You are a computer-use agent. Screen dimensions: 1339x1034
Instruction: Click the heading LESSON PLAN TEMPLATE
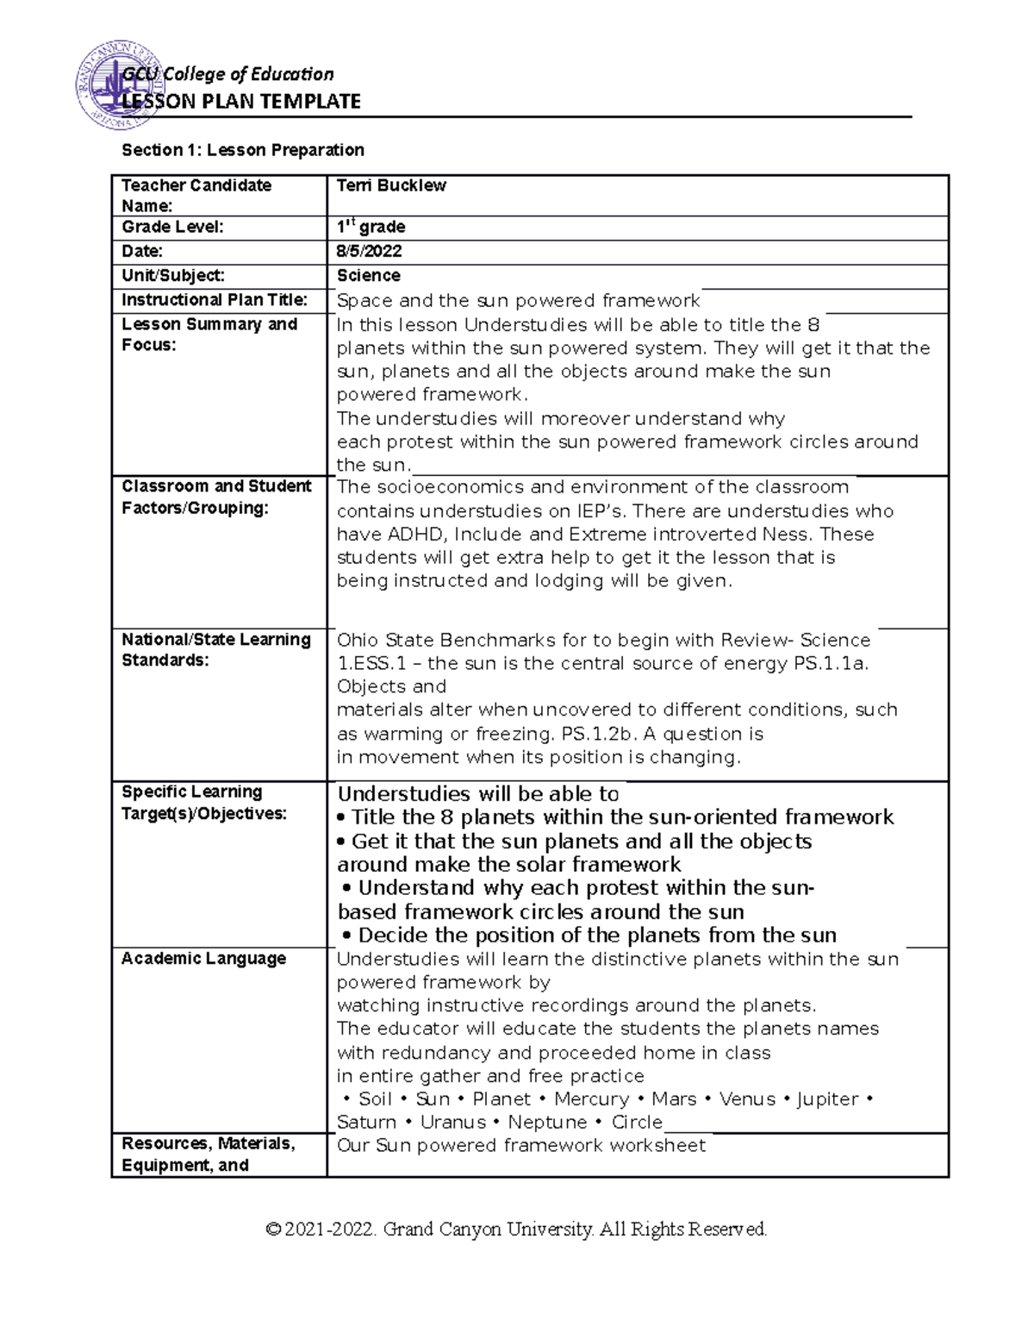click(241, 102)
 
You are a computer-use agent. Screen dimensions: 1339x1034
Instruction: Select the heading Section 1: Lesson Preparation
click(242, 150)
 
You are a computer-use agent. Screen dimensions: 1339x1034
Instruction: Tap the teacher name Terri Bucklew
click(391, 185)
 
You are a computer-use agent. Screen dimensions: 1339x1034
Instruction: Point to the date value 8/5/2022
click(369, 251)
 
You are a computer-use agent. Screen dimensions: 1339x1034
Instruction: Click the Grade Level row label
click(172, 227)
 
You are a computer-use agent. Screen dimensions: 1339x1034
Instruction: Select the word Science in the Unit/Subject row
click(369, 276)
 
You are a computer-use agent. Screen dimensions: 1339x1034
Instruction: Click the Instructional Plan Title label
click(215, 300)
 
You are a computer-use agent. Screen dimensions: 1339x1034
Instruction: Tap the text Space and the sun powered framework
click(518, 301)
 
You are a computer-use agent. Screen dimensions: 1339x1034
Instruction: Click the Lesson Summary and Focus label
click(209, 335)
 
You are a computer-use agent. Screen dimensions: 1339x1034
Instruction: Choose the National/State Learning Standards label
click(215, 650)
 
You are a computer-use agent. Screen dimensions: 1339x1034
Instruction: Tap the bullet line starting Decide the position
click(589, 935)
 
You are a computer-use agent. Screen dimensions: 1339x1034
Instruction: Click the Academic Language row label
click(203, 959)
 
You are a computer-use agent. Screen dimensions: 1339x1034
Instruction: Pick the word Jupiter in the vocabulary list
click(827, 1099)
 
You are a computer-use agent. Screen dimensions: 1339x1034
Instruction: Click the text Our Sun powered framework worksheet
click(520, 1146)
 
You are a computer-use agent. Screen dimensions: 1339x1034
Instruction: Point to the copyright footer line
click(516, 1229)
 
